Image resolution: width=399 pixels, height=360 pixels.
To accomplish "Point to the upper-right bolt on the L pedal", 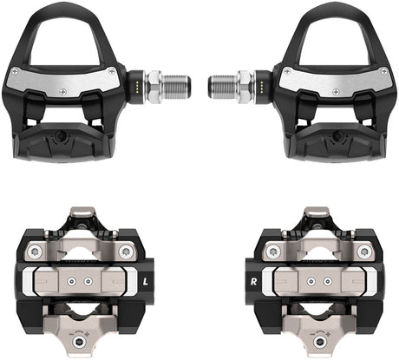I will [126, 252].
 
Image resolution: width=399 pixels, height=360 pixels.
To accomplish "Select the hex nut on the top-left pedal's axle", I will [154, 86].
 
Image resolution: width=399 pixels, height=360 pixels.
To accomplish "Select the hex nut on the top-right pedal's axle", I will [244, 86].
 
